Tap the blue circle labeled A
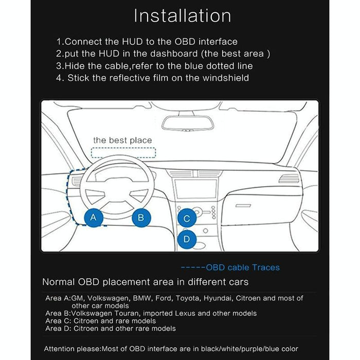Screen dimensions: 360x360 [93, 217]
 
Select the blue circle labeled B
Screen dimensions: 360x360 [140, 217]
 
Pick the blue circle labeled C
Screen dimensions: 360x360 [187, 219]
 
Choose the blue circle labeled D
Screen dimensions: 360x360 [187, 239]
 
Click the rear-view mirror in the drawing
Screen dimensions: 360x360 [187, 123]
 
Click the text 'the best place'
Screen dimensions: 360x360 [122, 140]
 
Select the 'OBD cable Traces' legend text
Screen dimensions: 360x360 [243, 267]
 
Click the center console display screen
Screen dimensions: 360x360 [194, 190]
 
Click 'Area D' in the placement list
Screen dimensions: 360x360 [58, 328]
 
